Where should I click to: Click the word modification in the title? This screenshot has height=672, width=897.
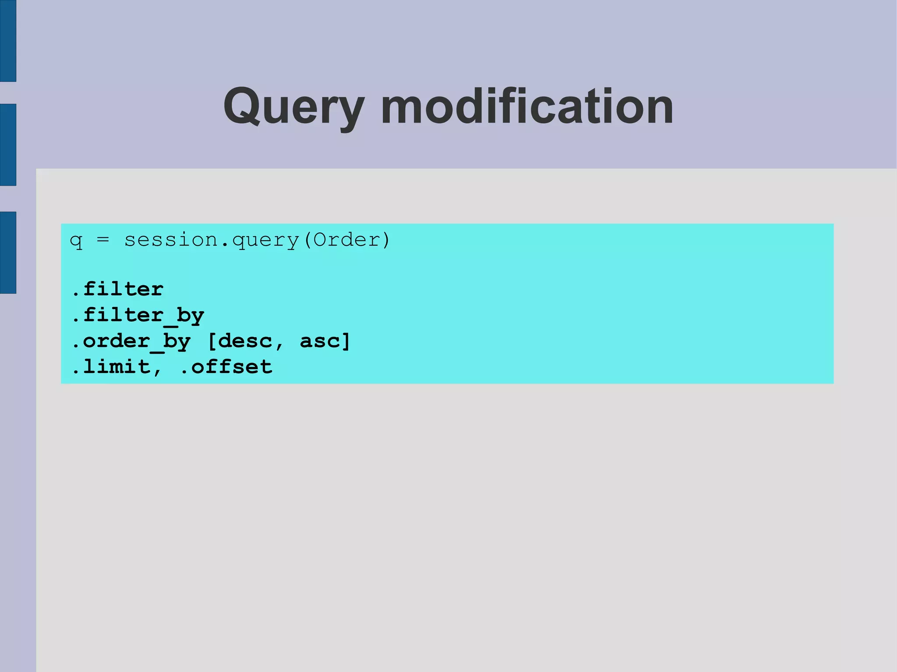click(527, 106)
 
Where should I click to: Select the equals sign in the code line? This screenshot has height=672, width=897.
click(102, 240)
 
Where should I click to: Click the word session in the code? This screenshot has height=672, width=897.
click(171, 240)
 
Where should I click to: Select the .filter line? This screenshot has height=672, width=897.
click(117, 289)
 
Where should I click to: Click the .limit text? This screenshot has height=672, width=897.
click(111, 367)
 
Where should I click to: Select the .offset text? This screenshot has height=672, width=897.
click(226, 367)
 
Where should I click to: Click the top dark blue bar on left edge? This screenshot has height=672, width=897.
click(8, 41)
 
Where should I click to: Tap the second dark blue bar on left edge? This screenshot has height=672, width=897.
click(8, 144)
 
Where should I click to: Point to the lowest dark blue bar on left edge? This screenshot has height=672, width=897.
click(8, 252)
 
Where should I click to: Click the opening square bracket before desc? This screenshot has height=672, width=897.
click(212, 341)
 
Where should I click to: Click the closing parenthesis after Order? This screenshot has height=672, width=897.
click(385, 240)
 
